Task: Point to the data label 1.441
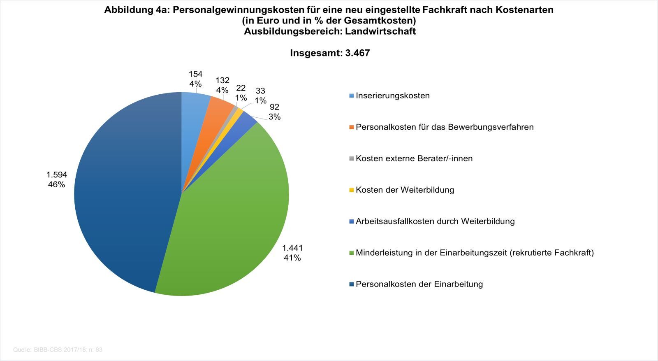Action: [x=292, y=248]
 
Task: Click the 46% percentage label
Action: [x=56, y=184]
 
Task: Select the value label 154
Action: [x=195, y=74]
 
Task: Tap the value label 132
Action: [x=222, y=80]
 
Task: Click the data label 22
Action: [x=241, y=88]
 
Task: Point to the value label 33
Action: [x=260, y=91]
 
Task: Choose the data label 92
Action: [x=274, y=107]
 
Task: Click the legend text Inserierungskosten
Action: [x=392, y=95]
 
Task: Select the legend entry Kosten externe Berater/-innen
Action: [x=414, y=158]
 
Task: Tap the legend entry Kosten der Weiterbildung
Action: [x=405, y=190]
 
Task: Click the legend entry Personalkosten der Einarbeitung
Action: [x=419, y=284]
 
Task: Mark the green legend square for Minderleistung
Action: [x=351, y=253]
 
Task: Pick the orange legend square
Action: [x=351, y=127]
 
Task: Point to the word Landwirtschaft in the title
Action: [x=380, y=31]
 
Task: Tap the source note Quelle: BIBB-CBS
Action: [x=58, y=350]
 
